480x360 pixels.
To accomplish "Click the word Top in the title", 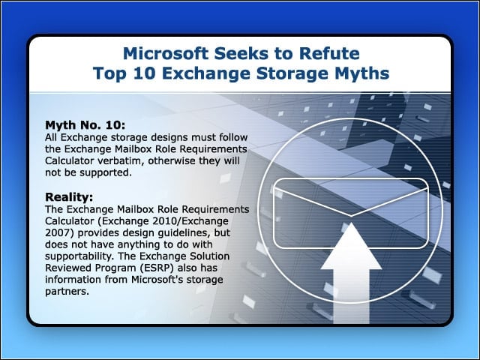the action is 109,73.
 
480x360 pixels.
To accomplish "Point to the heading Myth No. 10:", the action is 85,125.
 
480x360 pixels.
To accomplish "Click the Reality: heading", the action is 69,196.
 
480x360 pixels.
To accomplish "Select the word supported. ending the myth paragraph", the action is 106,173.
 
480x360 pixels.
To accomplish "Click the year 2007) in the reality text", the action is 59,233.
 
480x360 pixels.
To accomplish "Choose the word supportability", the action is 80,256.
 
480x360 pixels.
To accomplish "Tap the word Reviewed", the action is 68,268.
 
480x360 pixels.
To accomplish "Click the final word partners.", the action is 67,292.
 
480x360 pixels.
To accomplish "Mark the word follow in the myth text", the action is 233,137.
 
